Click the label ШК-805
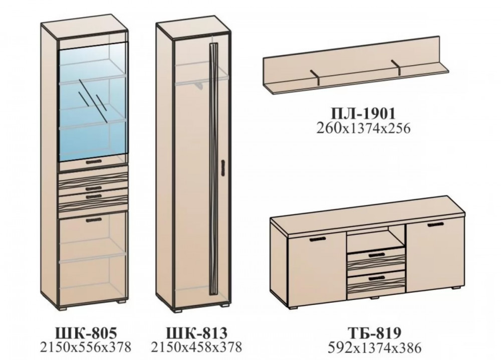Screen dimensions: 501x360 click(x=86, y=333)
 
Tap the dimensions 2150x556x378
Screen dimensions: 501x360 click(x=86, y=346)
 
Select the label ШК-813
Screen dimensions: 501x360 click(x=196, y=333)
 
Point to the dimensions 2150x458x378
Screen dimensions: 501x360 click(x=196, y=346)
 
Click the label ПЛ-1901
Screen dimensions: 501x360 click(x=363, y=113)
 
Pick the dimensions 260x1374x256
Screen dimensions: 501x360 click(x=363, y=128)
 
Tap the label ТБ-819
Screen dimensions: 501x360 click(x=375, y=333)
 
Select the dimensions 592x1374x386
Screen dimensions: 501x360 click(x=375, y=347)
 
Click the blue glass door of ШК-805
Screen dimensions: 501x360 click(x=93, y=102)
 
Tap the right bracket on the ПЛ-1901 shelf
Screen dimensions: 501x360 click(x=396, y=69)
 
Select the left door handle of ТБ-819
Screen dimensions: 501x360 click(x=317, y=239)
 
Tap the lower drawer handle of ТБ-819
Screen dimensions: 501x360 click(x=378, y=278)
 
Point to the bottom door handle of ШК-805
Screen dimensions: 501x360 click(x=94, y=220)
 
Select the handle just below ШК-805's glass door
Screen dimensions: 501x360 click(x=94, y=162)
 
